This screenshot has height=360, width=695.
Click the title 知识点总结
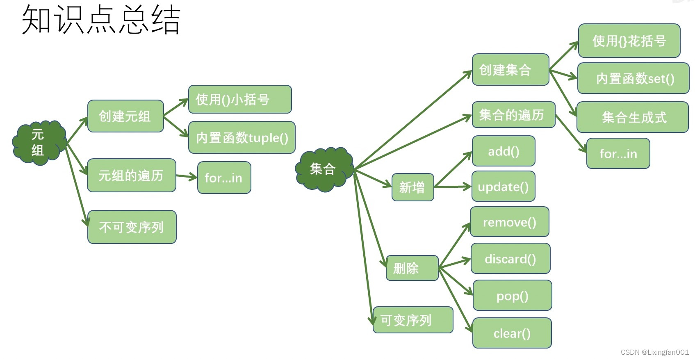coord(101,20)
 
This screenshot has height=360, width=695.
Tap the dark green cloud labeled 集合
coord(324,169)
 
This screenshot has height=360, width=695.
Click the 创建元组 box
coord(125,116)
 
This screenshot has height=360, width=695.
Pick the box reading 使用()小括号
coord(240,99)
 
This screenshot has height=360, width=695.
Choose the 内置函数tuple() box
coord(242,138)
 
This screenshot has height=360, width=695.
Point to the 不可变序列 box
coord(132,227)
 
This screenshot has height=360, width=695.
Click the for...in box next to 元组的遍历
coord(224,178)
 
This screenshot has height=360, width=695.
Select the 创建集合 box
coord(510,70)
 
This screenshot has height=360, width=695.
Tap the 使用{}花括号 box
coord(629,41)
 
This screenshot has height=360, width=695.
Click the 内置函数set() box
coord(633,78)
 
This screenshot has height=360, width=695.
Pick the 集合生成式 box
coord(632,117)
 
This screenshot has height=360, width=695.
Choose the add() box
coord(504,151)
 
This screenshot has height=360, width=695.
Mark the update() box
coord(504,187)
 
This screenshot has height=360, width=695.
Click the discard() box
coord(510,259)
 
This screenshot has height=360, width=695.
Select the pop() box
coord(512,296)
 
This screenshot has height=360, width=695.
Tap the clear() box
coord(512,333)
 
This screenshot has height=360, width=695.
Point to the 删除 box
coord(412,268)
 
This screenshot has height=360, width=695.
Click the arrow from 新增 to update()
coord(453,187)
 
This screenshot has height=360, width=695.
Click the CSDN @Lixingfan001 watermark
coord(654,352)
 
